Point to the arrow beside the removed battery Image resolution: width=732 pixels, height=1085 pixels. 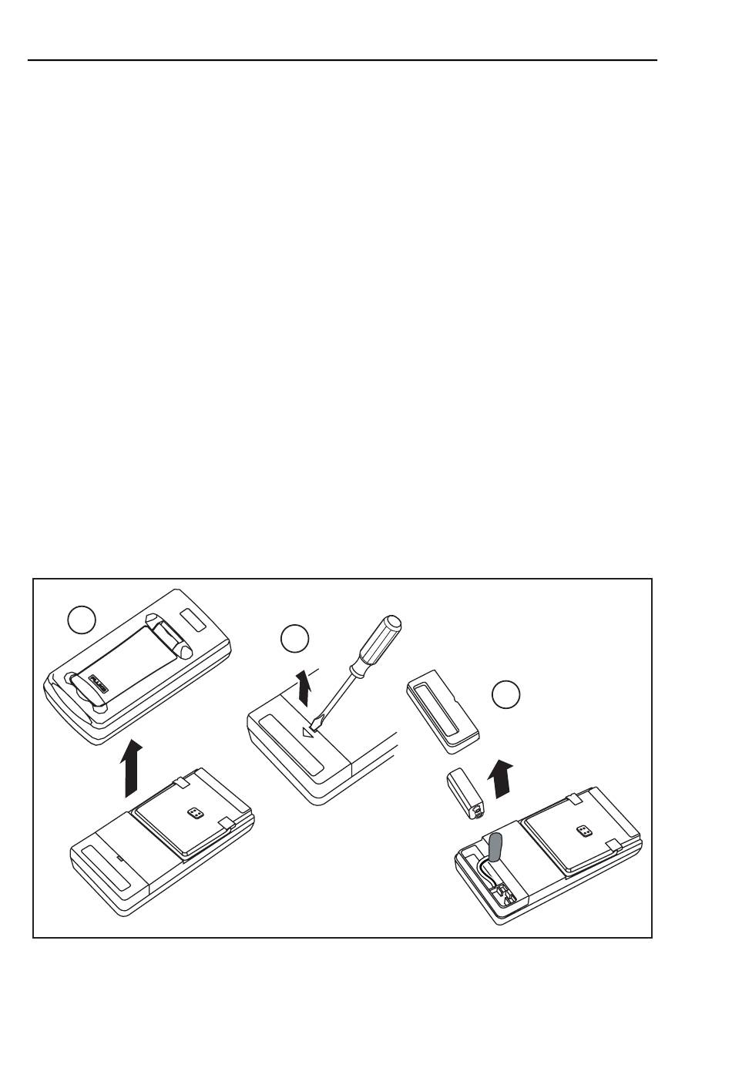pyautogui.click(x=502, y=778)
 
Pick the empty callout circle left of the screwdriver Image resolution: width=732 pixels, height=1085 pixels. pyautogui.click(x=294, y=639)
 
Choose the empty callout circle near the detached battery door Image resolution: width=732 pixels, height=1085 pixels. pyautogui.click(x=506, y=694)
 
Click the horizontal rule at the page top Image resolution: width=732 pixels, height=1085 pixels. pyautogui.click(x=343, y=60)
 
